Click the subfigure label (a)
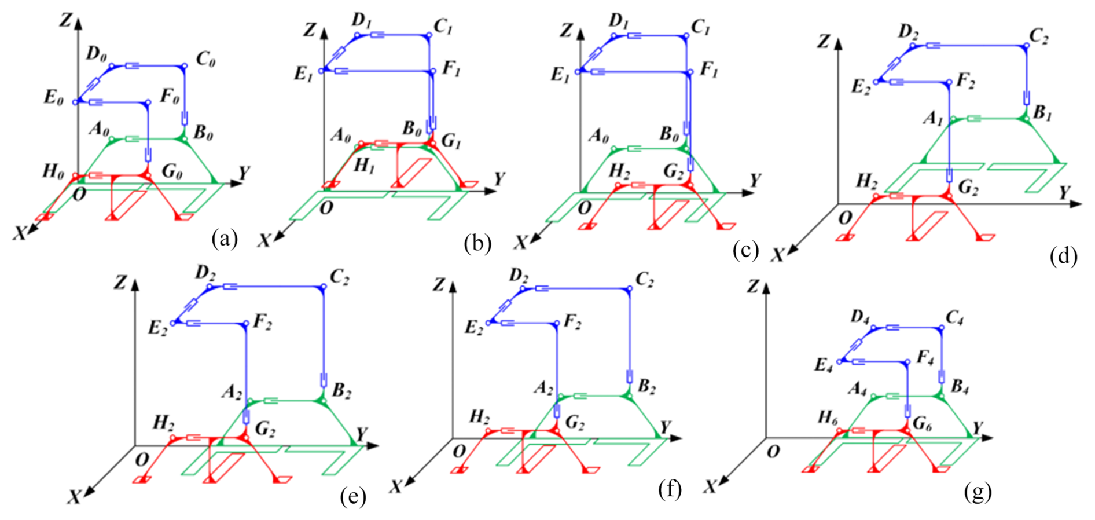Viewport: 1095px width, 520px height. [225, 238]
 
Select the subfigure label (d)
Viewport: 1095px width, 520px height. [1064, 255]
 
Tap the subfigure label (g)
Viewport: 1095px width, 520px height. [978, 492]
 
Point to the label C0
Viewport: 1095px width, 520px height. [205, 60]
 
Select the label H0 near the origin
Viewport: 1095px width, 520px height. [53, 171]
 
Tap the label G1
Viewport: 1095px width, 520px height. [450, 141]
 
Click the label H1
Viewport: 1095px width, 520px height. [363, 166]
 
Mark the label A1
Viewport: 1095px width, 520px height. [933, 119]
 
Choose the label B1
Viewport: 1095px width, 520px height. [1042, 113]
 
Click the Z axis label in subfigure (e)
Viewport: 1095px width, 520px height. [120, 282]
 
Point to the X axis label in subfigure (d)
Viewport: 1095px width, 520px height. [777, 254]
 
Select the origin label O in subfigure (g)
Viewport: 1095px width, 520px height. [773, 451]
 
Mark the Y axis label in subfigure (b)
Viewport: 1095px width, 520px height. [499, 180]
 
